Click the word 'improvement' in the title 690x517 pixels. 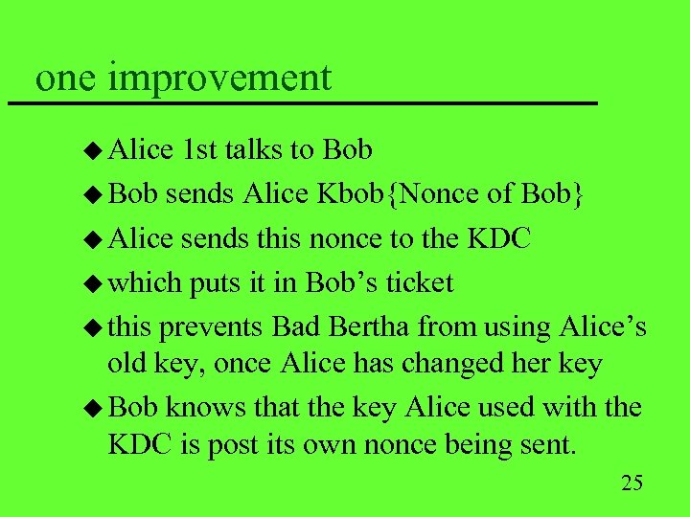(x=220, y=78)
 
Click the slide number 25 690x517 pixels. (x=632, y=482)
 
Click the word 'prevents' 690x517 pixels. (x=212, y=326)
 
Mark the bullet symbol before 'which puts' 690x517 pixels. (x=94, y=283)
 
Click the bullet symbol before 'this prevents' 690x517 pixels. (x=94, y=327)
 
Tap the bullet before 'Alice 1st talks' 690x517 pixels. (x=94, y=150)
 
